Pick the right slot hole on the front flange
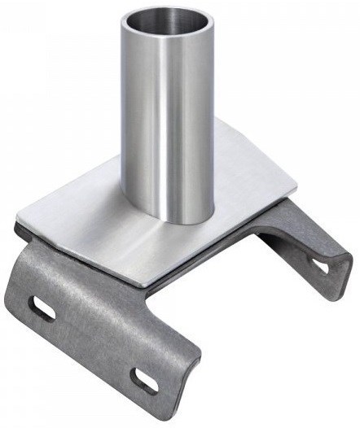(146, 379)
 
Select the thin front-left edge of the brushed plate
(81, 253)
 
